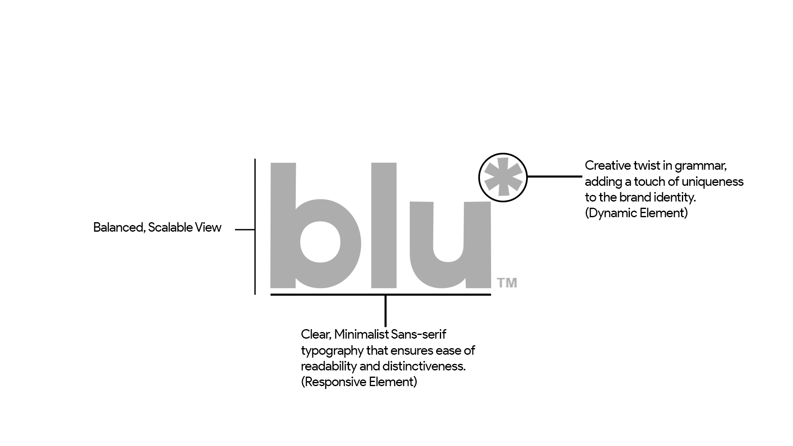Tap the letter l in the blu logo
coord(384,225)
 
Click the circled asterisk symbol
coord(503,178)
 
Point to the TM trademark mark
coord(507,283)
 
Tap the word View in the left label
coord(209,228)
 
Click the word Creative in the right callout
coord(608,166)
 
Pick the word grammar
coord(700,166)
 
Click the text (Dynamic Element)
coord(636,213)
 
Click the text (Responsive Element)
coord(359,382)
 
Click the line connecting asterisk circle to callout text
coord(555,177)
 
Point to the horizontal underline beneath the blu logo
coord(330,294)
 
